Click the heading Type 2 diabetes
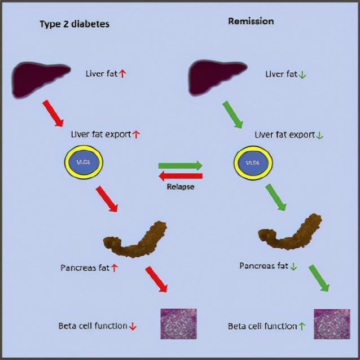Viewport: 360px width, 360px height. [74, 24]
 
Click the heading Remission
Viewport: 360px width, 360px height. [251, 21]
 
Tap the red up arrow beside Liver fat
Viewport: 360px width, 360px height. [122, 73]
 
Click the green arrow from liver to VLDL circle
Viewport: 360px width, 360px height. [232, 114]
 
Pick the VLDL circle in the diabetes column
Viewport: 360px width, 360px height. [83, 163]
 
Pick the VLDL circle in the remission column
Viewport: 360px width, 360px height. [253, 164]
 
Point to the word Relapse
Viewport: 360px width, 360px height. [181, 186]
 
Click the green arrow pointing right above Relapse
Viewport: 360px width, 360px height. [180, 166]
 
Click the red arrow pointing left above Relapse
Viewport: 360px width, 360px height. [180, 176]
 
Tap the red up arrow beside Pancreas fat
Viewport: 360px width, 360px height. [115, 268]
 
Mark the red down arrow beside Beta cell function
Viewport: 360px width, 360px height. [133, 326]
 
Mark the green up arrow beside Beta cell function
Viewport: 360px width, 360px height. [301, 326]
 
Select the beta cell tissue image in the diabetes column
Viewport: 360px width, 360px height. [179, 323]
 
